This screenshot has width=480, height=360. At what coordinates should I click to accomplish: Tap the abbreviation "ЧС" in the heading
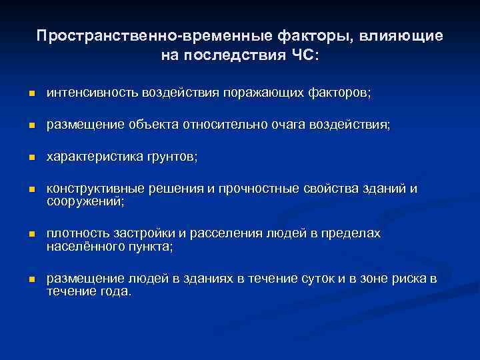[x=303, y=54]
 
